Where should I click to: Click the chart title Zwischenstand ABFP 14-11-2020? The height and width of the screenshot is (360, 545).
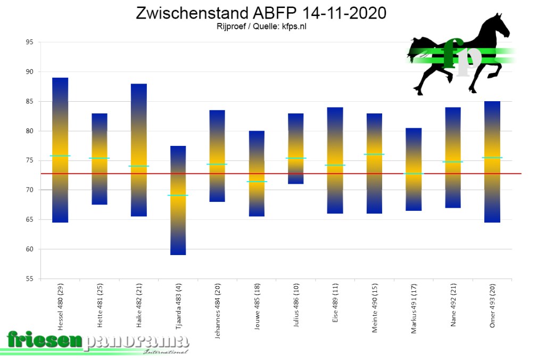point(261,13)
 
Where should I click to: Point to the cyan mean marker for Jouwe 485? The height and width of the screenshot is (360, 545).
point(257,182)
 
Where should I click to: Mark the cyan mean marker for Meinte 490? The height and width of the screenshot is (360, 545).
point(374,154)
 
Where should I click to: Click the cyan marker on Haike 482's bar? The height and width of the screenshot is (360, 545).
point(138,166)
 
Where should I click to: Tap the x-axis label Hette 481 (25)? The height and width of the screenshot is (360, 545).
point(100,308)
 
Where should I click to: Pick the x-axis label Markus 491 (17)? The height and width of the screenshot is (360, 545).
point(414,309)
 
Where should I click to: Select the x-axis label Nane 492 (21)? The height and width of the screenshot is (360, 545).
point(453,307)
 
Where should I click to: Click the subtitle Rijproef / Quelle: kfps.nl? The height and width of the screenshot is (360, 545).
point(261,27)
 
